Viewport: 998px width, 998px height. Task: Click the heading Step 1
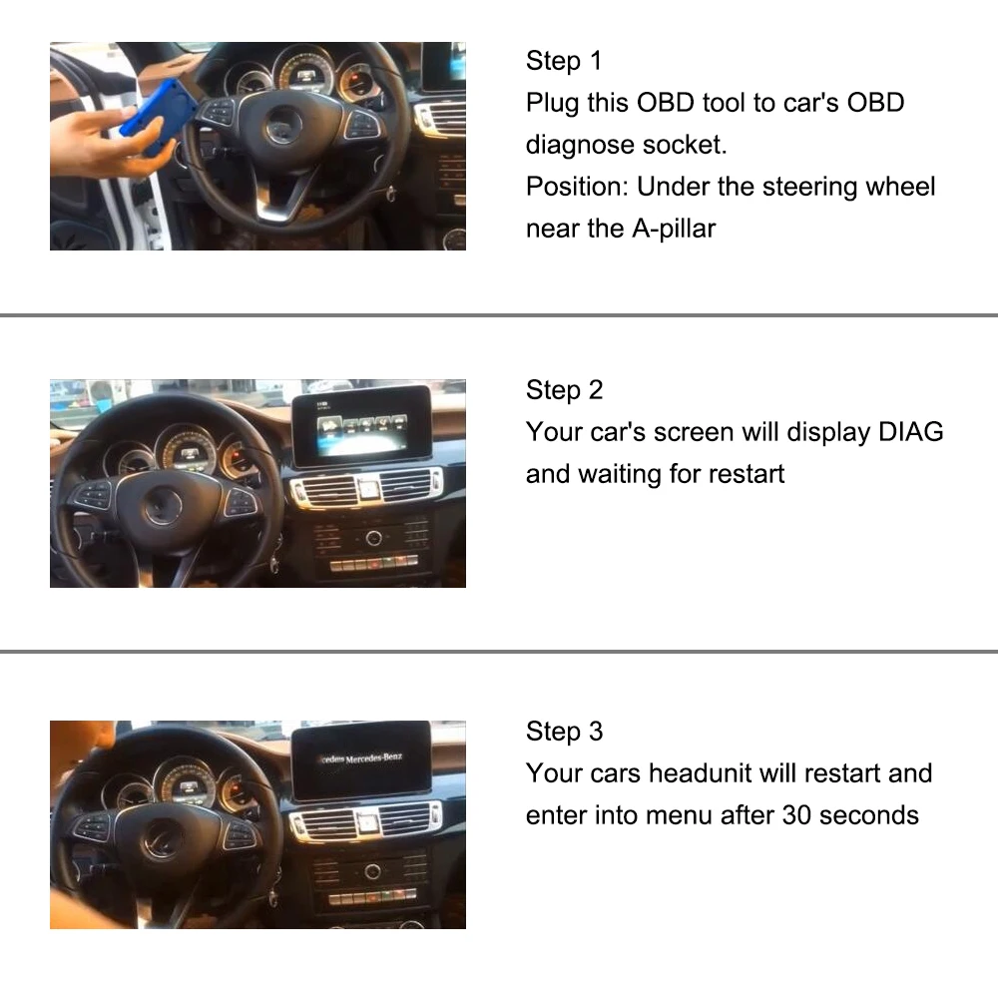coord(564,61)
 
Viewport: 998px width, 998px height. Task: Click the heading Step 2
coord(564,389)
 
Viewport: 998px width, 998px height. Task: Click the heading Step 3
coord(564,732)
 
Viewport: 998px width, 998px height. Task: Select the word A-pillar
coord(674,229)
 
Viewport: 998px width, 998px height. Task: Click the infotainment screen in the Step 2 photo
coord(360,425)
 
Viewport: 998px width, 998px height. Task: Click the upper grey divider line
coord(499,315)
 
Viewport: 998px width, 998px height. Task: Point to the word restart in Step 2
coord(747,473)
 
